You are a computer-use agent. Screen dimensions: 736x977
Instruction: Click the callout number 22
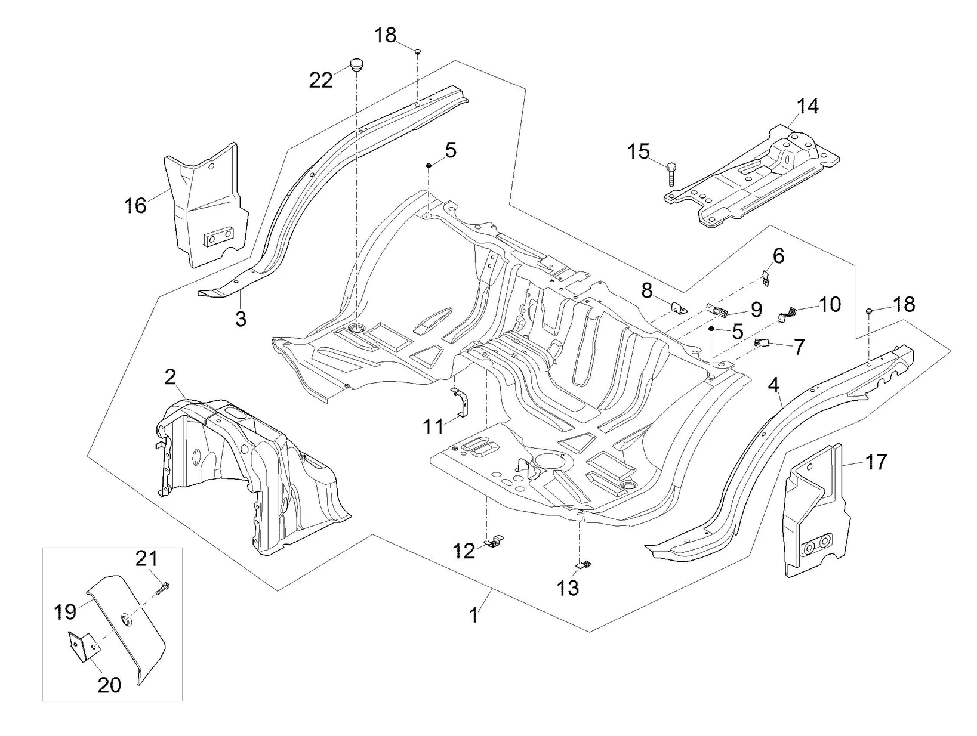point(320,80)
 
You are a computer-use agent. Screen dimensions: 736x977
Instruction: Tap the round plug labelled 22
point(357,64)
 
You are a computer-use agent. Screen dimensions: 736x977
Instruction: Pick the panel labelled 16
point(207,203)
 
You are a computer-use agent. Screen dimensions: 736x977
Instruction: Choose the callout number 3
point(241,319)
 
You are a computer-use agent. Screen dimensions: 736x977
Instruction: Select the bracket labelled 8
point(677,308)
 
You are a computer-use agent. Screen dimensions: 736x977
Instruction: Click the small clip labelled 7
point(762,342)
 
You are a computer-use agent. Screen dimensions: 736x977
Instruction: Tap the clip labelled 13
point(585,564)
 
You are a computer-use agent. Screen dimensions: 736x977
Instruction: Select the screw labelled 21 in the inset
point(164,588)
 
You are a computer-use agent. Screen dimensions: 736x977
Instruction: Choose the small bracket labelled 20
point(80,647)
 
